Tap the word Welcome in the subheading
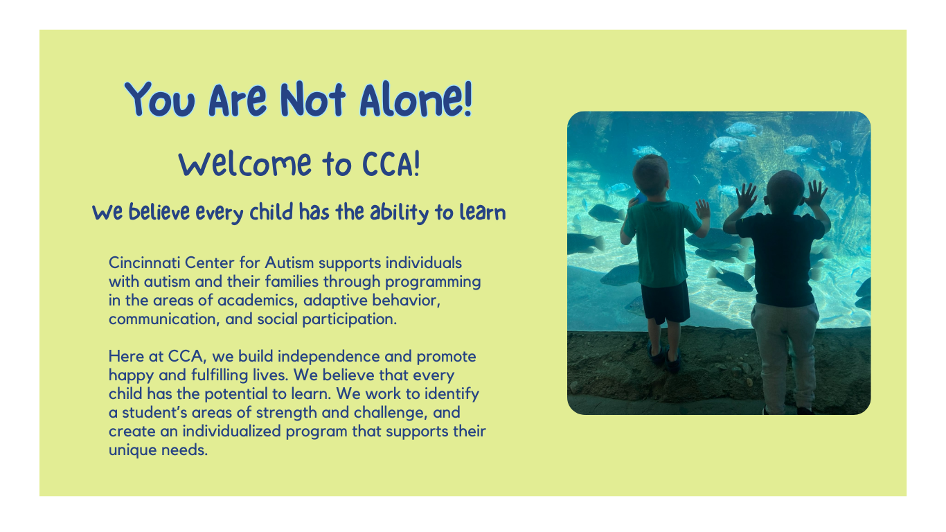[245, 164]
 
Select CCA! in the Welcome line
[391, 164]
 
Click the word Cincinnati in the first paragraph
[144, 263]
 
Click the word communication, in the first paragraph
[164, 319]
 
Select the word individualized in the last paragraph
[231, 432]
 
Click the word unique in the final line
[132, 450]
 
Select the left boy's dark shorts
[665, 302]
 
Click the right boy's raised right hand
[815, 193]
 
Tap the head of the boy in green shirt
[651, 176]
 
